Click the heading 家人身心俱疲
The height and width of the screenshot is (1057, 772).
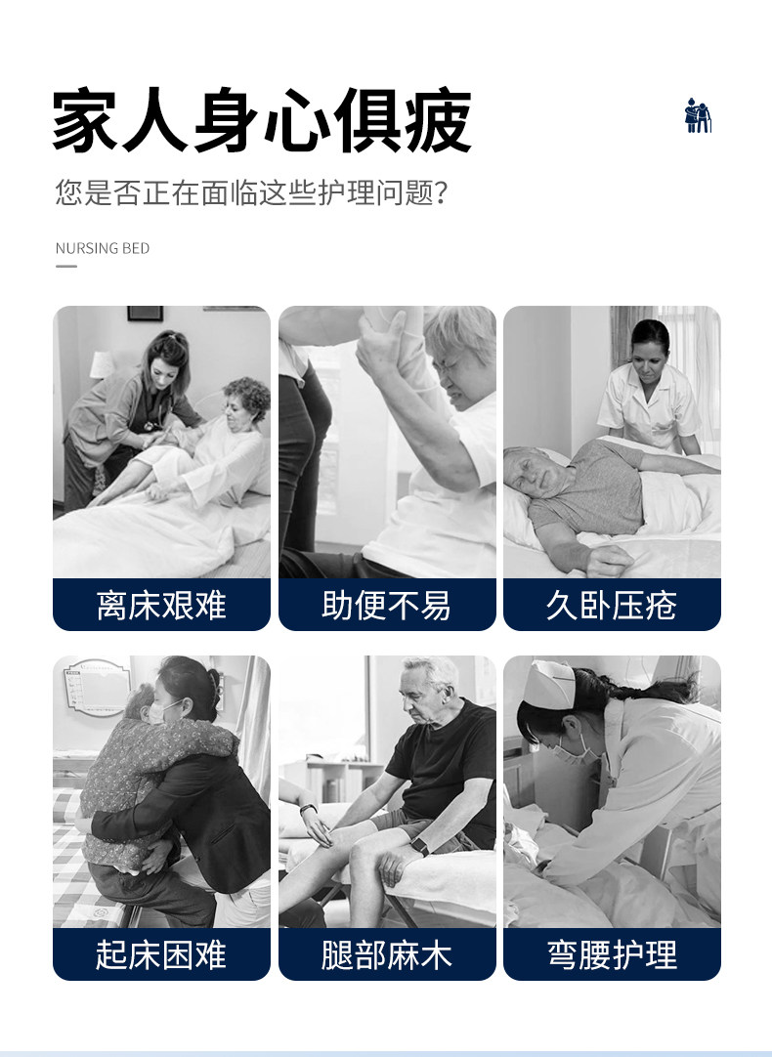(262, 121)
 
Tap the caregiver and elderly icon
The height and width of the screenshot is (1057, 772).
(698, 115)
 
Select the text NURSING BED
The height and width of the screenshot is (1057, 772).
(103, 248)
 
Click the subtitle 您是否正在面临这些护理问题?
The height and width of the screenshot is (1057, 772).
(251, 192)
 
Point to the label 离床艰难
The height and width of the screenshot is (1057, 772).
(161, 605)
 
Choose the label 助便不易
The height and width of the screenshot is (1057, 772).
(386, 605)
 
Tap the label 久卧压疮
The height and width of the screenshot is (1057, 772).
(612, 605)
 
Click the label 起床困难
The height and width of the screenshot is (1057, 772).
(161, 954)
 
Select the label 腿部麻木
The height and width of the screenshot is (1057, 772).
(386, 954)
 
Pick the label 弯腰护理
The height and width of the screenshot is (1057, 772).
(612, 954)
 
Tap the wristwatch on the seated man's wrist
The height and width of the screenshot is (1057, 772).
(420, 846)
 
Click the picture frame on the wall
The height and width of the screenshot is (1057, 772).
(145, 314)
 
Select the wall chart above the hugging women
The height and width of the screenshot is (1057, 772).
(97, 686)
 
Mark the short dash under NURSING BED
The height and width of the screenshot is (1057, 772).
(66, 267)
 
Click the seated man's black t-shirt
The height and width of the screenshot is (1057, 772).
(445, 762)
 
